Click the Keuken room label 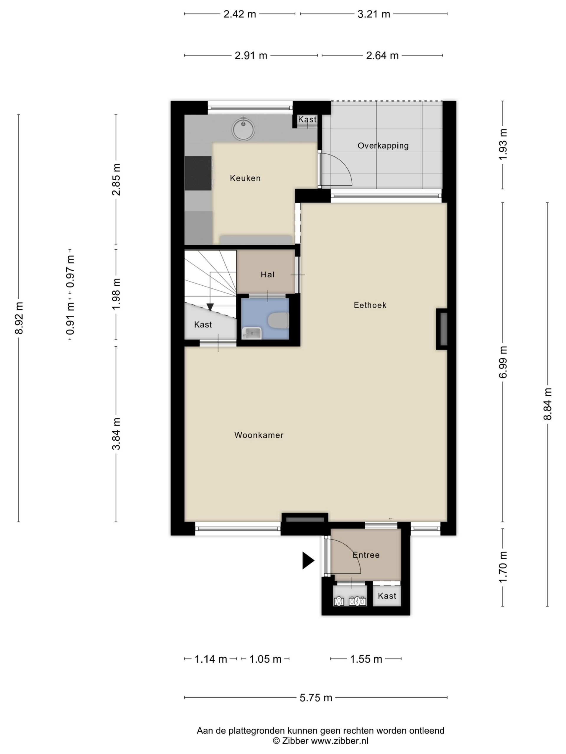click(245, 178)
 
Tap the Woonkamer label click(259, 435)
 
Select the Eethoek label click(370, 305)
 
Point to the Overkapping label click(383, 145)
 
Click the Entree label click(366, 555)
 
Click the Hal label click(267, 275)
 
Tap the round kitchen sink click(243, 129)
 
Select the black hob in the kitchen click(198, 173)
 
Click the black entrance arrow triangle click(307, 560)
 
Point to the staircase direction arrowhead click(210, 307)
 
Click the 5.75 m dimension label click(316, 698)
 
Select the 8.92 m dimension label click(19, 318)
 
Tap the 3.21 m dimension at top click(374, 14)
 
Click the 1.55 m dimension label click(366, 659)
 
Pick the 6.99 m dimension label click(503, 362)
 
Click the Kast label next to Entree click(387, 596)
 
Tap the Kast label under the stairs click(203, 325)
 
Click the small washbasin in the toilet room click(252, 333)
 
